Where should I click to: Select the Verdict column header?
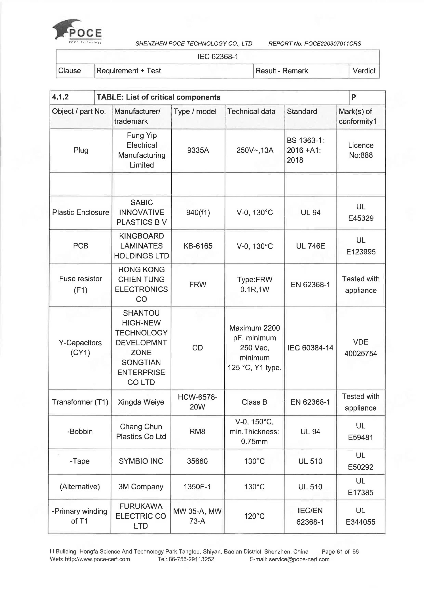pos(364,71)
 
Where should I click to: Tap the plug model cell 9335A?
pos(198,150)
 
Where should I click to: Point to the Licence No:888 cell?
pos(361,150)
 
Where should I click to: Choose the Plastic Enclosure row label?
pos(80,212)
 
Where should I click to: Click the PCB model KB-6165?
pos(198,246)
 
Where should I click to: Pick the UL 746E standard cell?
pos(310,246)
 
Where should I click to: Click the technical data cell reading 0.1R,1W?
pos(254,290)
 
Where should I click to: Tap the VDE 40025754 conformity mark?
pos(361,348)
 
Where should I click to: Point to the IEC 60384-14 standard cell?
pos(310,348)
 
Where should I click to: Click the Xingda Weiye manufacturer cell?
pos(141,402)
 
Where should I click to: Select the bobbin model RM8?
pos(197,431)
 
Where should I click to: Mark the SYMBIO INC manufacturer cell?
pos(141,461)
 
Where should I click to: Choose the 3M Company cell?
pos(141,487)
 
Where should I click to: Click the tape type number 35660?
pos(197,461)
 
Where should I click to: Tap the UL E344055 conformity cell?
pos(360,516)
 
